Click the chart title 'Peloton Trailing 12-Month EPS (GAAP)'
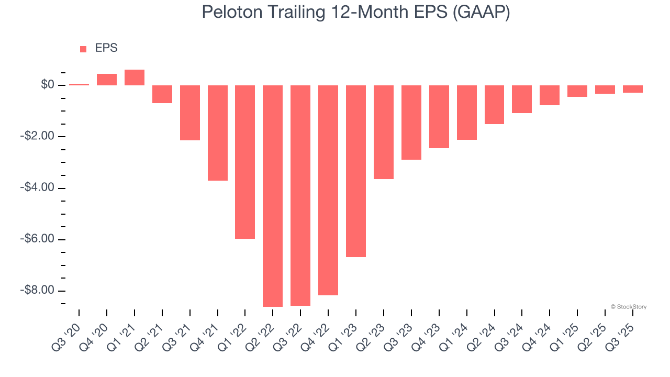point(356,13)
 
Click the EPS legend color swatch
point(83,49)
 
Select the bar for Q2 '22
point(273,196)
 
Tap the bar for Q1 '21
point(135,77)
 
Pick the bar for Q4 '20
point(107,80)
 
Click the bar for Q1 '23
point(356,171)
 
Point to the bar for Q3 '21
point(190,113)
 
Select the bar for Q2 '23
point(384,132)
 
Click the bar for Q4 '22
point(328,190)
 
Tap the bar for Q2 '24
point(494,105)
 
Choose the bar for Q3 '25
point(633,89)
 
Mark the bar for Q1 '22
point(245,162)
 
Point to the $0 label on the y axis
point(48,85)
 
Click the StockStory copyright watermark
point(628,307)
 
